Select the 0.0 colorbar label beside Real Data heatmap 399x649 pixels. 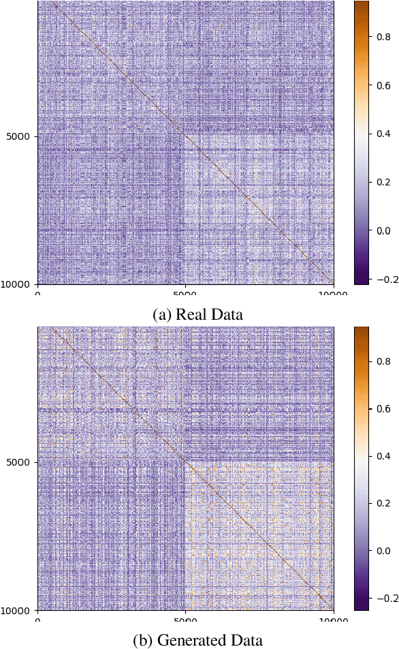click(x=383, y=230)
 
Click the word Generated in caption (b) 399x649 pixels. click(x=192, y=640)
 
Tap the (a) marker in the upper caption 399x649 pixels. click(x=163, y=314)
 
